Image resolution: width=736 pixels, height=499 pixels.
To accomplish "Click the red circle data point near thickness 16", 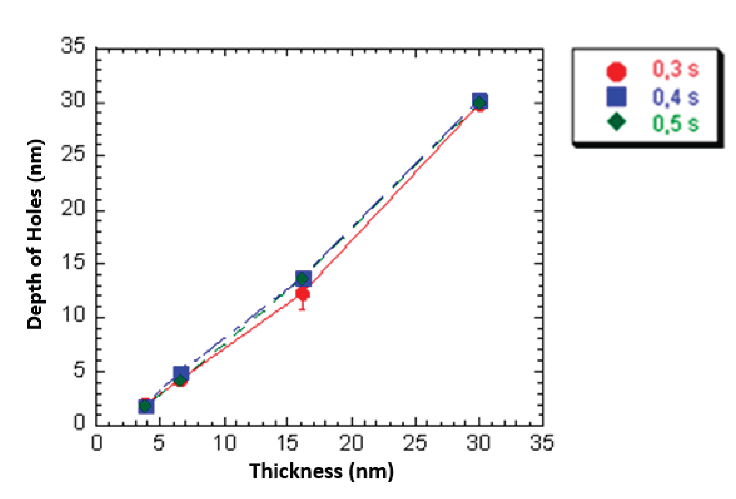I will [x=303, y=294].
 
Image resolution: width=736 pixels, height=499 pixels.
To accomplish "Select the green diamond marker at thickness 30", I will [x=479, y=103].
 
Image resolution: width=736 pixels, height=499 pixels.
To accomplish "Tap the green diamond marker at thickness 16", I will [x=302, y=279].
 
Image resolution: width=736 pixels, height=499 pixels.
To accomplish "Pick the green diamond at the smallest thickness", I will [x=145, y=406].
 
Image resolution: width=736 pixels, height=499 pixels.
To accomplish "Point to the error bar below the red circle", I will [x=302, y=305].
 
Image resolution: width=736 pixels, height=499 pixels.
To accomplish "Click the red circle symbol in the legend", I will [x=616, y=71].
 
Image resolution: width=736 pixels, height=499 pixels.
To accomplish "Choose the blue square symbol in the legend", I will [x=616, y=97].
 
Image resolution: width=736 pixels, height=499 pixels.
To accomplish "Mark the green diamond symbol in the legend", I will [x=616, y=122].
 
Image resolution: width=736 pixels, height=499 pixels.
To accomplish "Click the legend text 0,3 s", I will [x=675, y=69].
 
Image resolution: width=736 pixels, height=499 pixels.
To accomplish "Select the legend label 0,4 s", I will [x=675, y=96].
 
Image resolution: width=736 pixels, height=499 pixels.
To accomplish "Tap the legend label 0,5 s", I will [x=675, y=123].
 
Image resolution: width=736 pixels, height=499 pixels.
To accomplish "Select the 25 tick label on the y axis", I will [x=73, y=154].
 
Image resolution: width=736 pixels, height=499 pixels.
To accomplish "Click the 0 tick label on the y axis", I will [x=79, y=421].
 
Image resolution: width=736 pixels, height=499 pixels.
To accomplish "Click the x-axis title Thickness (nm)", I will [x=321, y=472].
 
